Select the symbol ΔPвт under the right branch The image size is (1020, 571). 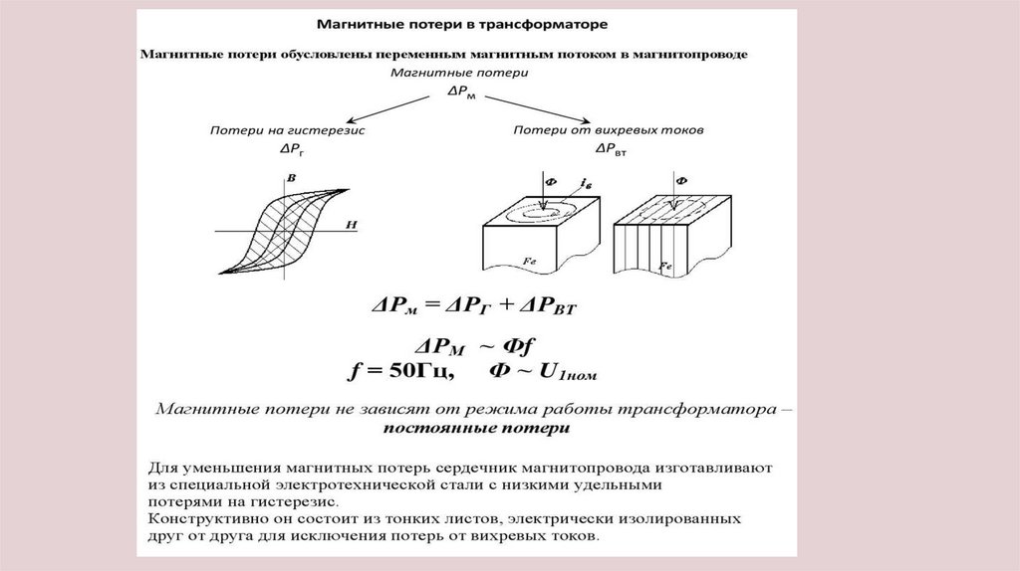click(610, 149)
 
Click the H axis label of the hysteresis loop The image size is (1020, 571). click(351, 226)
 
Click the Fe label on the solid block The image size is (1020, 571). click(530, 259)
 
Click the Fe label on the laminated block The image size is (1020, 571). click(665, 267)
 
